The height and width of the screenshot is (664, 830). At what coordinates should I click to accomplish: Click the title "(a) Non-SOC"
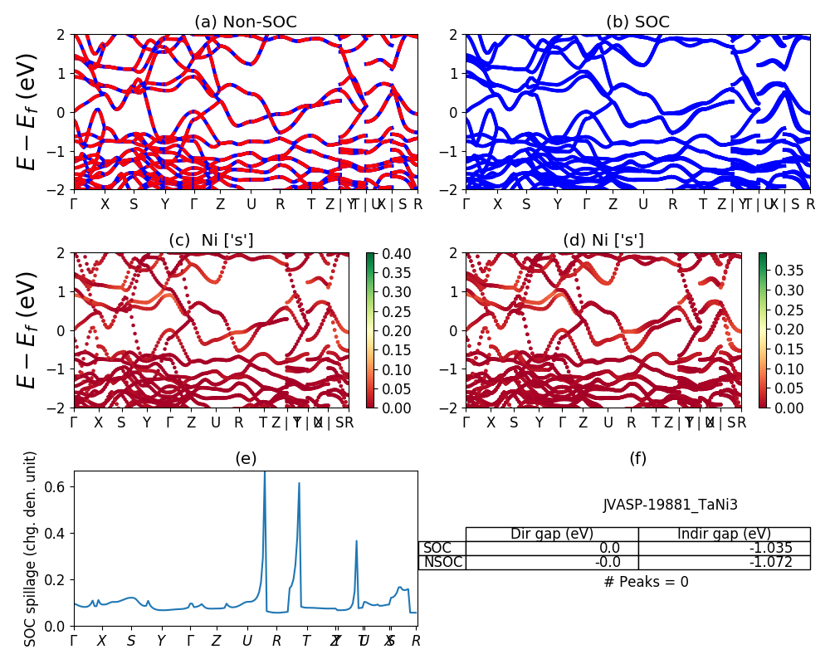[x=245, y=22]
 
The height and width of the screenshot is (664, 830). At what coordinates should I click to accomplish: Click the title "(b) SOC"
[x=637, y=22]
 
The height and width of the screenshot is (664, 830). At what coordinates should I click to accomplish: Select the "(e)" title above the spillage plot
[x=245, y=458]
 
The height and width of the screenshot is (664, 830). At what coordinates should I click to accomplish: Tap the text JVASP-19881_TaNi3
[x=670, y=504]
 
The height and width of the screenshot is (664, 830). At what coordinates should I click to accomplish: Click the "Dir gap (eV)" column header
[x=552, y=534]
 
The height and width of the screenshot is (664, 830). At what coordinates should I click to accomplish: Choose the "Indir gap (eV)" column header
[x=724, y=534]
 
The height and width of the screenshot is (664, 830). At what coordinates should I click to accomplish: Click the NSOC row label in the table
[x=442, y=562]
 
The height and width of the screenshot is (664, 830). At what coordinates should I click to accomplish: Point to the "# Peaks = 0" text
[x=646, y=582]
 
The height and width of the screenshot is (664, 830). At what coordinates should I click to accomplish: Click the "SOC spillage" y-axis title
[x=31, y=549]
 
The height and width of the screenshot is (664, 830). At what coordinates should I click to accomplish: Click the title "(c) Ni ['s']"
[x=211, y=241]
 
